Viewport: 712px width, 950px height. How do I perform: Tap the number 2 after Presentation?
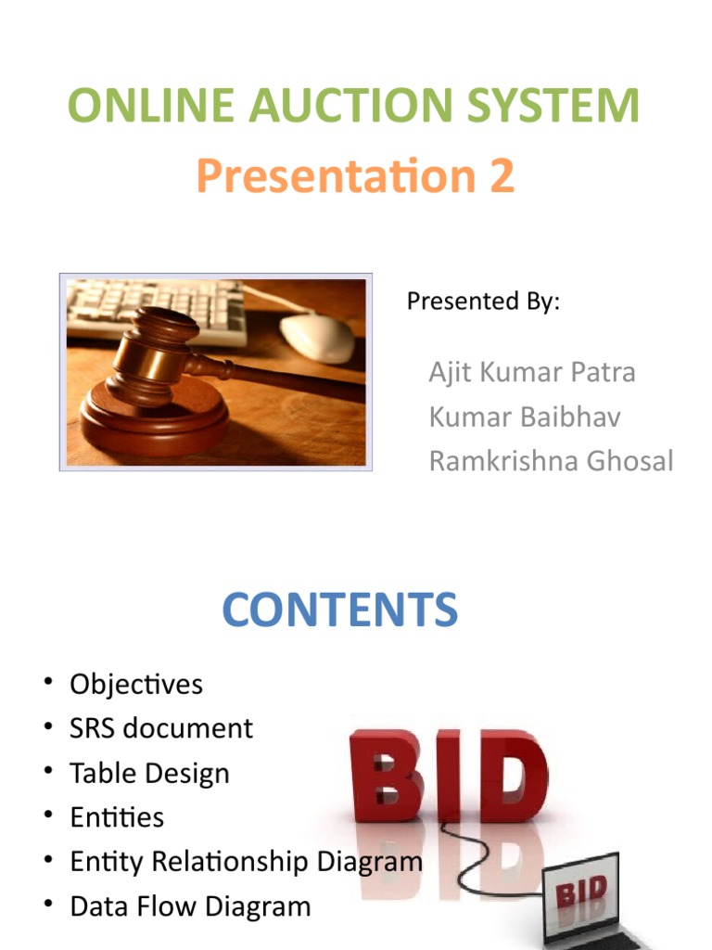coord(502,176)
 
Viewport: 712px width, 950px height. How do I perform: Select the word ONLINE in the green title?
coord(137,106)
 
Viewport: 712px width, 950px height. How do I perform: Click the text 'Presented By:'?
coord(483,302)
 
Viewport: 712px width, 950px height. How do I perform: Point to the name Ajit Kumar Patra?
coord(532,373)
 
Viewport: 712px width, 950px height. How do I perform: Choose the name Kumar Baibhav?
coord(524,417)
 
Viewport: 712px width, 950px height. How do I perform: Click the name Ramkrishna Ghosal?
coord(551,461)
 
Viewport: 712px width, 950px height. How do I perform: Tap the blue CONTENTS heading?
coord(339,610)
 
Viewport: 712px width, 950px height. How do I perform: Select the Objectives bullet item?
coord(136,685)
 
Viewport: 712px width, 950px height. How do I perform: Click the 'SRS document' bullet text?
coord(161,728)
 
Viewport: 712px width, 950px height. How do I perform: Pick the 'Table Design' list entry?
coord(149,773)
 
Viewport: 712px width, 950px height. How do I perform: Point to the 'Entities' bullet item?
coord(117,817)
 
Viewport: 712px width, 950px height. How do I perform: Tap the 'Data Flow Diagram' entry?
coord(190,906)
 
